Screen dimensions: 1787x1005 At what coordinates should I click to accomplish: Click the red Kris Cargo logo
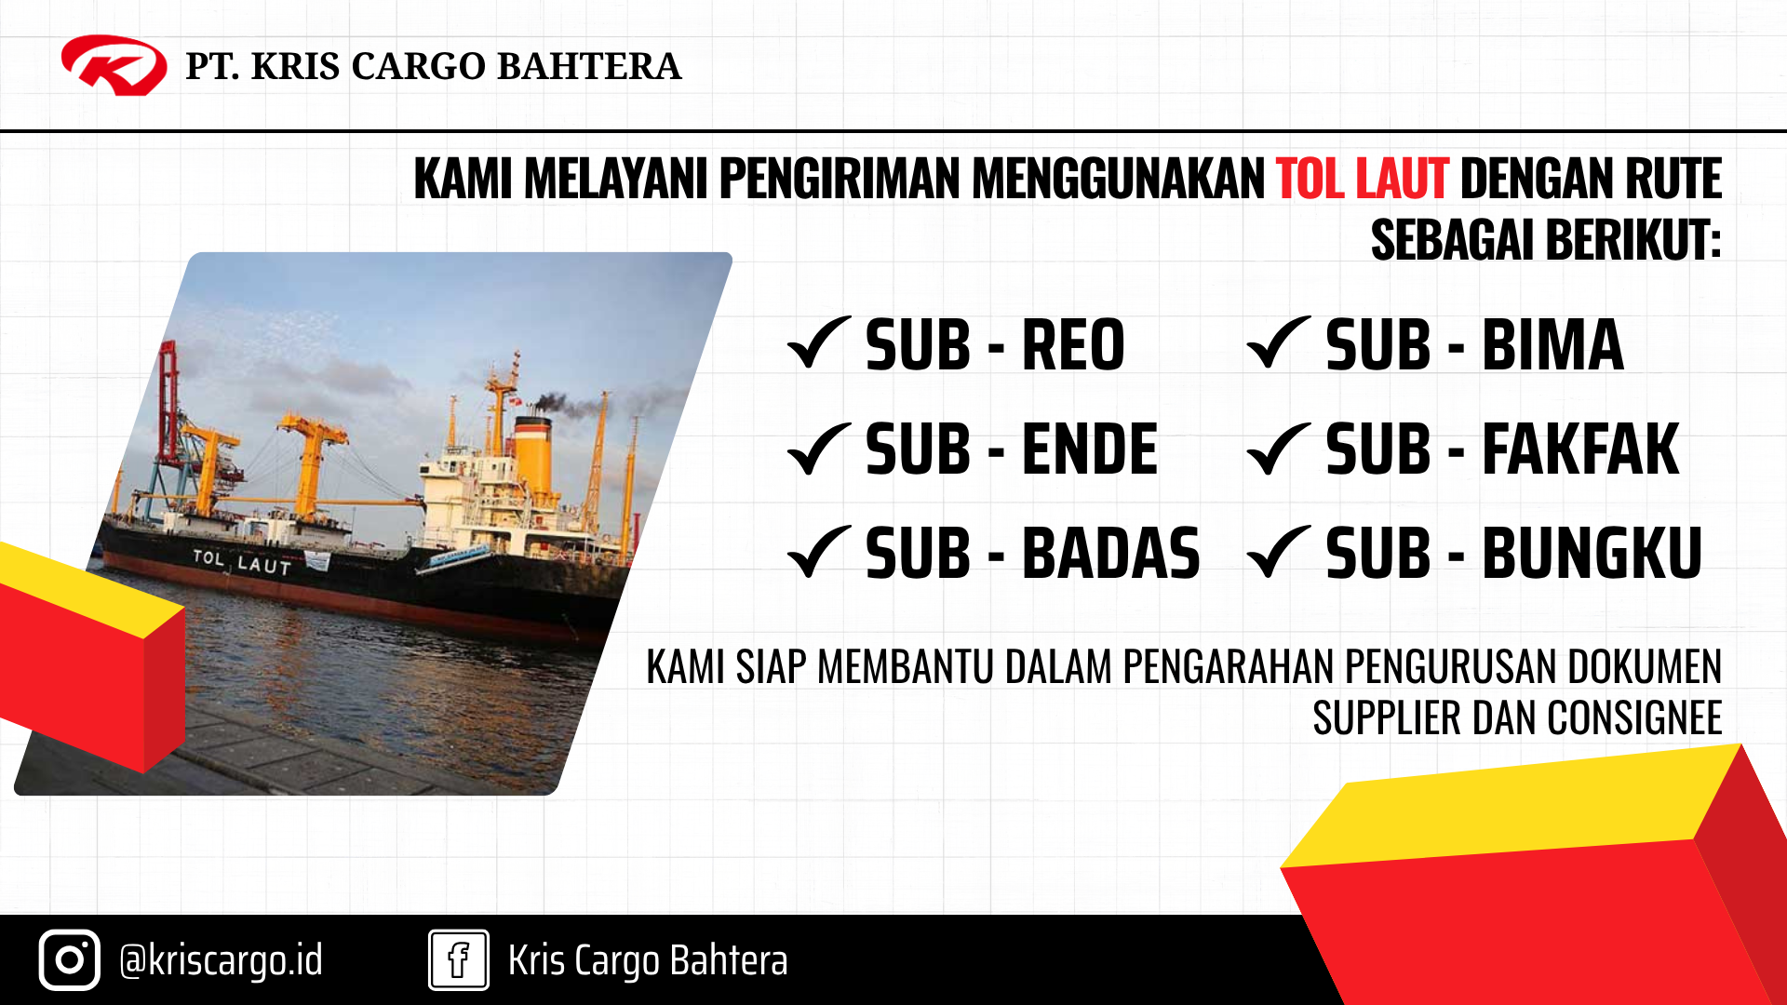click(114, 65)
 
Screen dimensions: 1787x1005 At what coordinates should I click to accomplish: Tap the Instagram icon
click(70, 959)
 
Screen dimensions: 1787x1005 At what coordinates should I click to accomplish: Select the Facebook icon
click(459, 959)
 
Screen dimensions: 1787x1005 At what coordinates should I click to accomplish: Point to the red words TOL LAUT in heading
click(1362, 179)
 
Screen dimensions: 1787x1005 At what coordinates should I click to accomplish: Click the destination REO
click(1074, 345)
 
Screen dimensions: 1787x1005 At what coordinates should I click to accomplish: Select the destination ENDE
click(1090, 449)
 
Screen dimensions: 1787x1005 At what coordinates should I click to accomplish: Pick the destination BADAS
click(1111, 554)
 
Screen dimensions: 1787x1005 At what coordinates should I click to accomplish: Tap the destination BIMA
click(1552, 345)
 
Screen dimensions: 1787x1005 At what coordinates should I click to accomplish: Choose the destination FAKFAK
click(1580, 449)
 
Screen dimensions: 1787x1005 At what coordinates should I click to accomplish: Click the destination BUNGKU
click(1592, 554)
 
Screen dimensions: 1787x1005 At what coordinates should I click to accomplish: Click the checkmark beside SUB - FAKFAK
click(1279, 448)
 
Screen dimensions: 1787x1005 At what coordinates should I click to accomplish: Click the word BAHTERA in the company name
click(589, 66)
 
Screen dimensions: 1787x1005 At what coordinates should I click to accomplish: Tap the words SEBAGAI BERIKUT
click(1546, 240)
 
